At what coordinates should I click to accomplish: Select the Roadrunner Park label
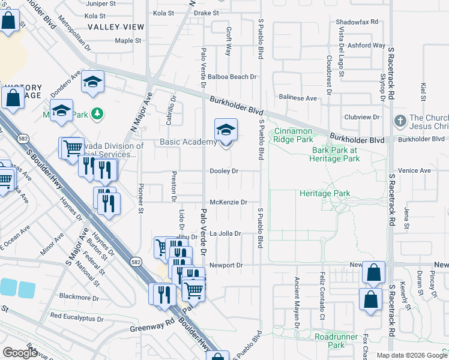click(330, 341)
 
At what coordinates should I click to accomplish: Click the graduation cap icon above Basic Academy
click(226, 130)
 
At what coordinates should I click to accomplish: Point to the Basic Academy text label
click(187, 142)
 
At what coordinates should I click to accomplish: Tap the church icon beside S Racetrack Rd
click(400, 122)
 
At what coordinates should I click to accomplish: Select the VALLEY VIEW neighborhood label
click(116, 27)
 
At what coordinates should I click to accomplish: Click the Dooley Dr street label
click(224, 171)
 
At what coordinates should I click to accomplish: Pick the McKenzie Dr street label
click(228, 202)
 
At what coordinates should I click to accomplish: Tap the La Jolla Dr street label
click(225, 233)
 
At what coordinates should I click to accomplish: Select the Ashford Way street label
click(366, 45)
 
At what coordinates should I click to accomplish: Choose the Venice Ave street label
click(418, 170)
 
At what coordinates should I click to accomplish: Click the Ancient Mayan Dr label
click(297, 303)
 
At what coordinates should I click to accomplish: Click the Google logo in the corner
click(20, 353)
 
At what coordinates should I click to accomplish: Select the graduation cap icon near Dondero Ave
click(93, 83)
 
